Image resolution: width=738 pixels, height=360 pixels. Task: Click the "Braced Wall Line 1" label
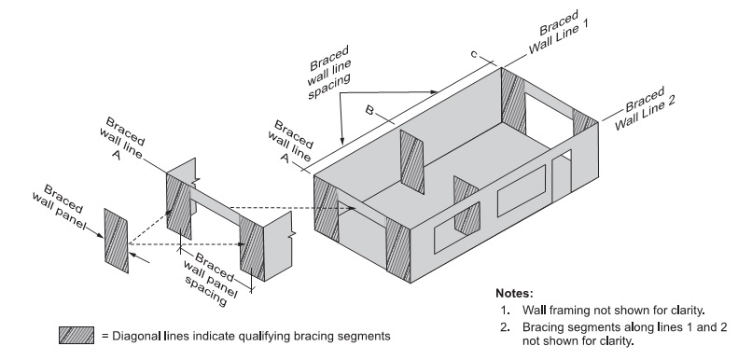click(x=559, y=33)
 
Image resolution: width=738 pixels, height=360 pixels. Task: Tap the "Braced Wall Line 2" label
click(x=645, y=109)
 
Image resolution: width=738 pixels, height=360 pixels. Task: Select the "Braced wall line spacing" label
click(x=329, y=72)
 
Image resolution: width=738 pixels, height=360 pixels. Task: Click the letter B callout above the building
click(x=370, y=111)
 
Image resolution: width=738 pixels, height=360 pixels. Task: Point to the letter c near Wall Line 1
click(x=474, y=55)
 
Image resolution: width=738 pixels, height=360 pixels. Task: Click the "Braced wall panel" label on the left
click(x=59, y=207)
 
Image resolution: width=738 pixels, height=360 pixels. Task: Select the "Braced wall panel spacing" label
click(x=209, y=279)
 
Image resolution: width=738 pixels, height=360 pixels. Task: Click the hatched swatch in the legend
click(x=77, y=335)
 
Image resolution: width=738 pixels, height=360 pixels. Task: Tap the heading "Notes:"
click(x=514, y=293)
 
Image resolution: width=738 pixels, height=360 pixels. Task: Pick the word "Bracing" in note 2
click(x=541, y=327)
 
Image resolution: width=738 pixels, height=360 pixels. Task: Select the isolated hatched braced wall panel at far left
click(x=116, y=241)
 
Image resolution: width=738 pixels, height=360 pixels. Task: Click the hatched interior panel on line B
click(x=411, y=161)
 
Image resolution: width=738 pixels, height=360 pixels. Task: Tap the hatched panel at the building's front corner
click(x=398, y=251)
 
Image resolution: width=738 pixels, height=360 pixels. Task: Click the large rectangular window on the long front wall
click(x=522, y=190)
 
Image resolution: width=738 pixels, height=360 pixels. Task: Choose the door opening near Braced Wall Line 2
click(x=562, y=175)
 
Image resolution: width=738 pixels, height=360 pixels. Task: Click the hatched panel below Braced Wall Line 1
click(x=513, y=100)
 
